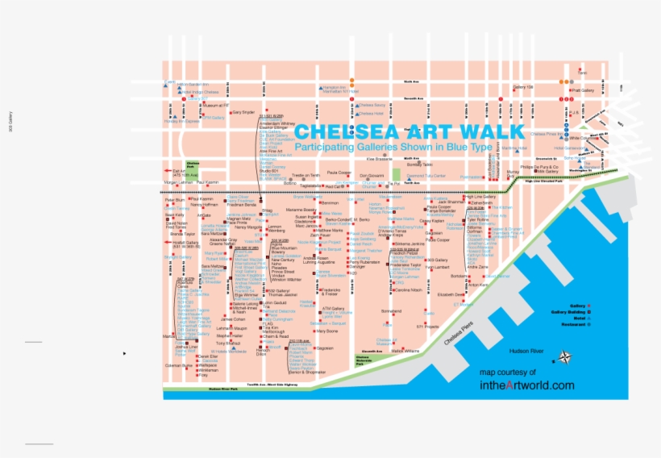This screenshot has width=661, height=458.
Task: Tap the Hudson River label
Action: point(529,352)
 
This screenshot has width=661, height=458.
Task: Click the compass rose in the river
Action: point(567,358)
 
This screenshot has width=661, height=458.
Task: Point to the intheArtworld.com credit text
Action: point(526,385)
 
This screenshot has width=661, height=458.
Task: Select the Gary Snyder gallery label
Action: point(243,112)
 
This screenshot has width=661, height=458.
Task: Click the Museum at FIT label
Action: point(217,106)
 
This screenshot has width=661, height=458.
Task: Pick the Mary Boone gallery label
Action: point(327,331)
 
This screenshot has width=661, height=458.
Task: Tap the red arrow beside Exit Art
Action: point(168,171)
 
